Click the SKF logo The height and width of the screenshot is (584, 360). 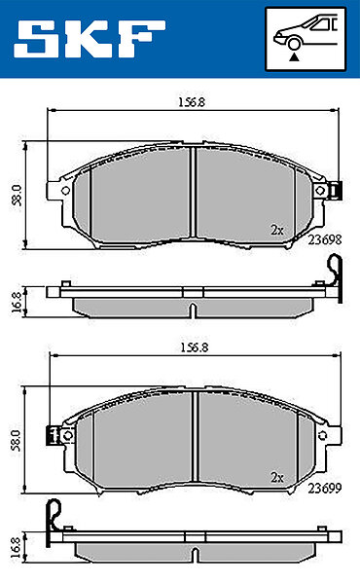tap(90, 39)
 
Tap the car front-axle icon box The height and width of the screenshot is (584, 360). tap(306, 39)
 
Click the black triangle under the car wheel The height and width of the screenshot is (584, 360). tap(294, 57)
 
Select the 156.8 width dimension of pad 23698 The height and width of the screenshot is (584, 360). tap(192, 102)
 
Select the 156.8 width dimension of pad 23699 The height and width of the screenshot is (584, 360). tap(195, 347)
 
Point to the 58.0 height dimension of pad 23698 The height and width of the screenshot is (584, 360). tap(18, 196)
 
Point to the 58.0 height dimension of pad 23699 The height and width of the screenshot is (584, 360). tap(16, 440)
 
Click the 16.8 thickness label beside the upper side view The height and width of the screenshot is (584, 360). tap(16, 302)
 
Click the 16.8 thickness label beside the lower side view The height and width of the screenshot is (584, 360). tap(15, 547)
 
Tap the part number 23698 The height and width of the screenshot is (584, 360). tap(325, 239)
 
